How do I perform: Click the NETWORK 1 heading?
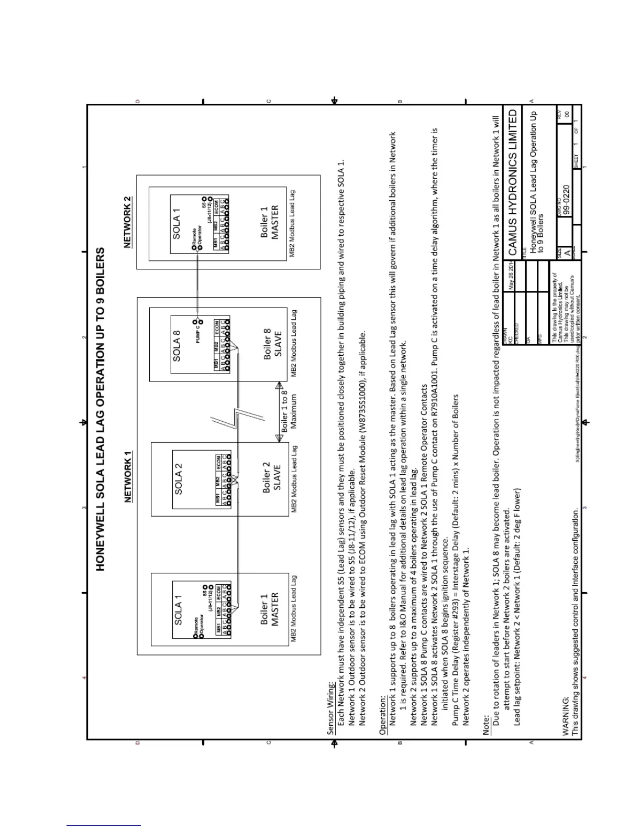coord(128,477)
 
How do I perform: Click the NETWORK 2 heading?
coord(128,222)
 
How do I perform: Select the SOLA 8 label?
coord(176,346)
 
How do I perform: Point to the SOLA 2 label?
coord(178,478)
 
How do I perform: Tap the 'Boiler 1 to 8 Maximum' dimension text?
coord(289,411)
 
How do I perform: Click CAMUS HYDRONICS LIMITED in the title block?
coord(513,179)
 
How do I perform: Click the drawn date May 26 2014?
coord(512,277)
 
